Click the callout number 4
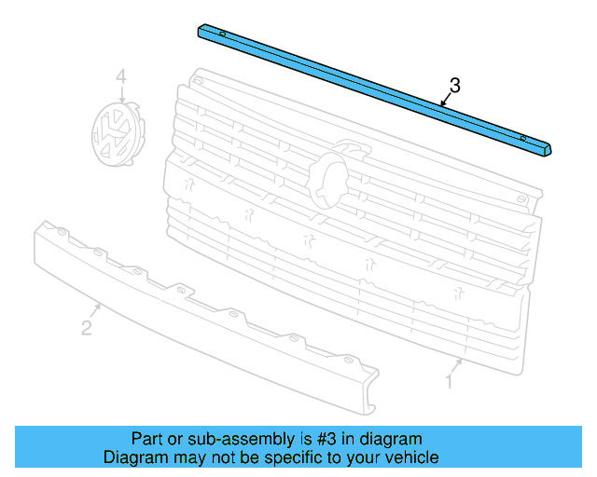(x=119, y=76)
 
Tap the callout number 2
(x=86, y=327)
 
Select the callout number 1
(x=449, y=381)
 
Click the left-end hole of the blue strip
(x=223, y=34)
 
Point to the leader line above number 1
(x=456, y=364)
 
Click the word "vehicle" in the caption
(x=411, y=457)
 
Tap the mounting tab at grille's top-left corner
(x=198, y=82)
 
